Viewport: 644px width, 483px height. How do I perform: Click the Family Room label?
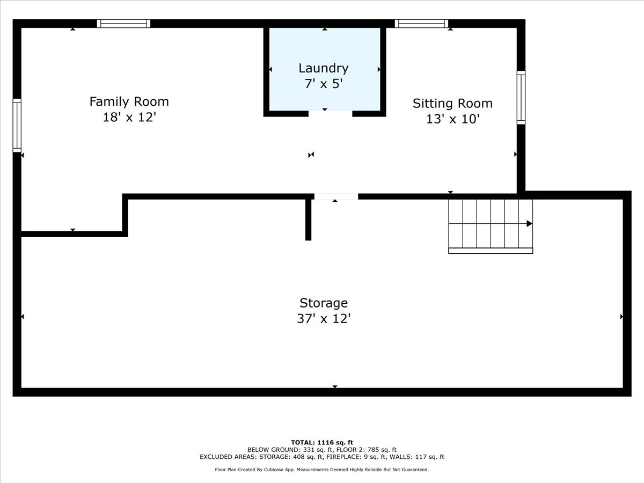coord(129,101)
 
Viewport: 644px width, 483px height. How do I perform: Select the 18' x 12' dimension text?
coord(129,118)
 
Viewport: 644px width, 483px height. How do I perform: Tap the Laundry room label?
coord(324,68)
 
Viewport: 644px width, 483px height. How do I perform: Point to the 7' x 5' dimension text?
coord(324,84)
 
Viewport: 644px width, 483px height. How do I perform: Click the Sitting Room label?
coord(452,103)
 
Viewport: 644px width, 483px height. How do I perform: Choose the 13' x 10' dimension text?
coord(452,119)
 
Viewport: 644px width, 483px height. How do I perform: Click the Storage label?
coord(324,303)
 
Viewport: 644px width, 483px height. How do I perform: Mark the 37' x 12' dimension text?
coord(324,319)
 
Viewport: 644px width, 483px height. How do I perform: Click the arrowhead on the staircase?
coord(529,224)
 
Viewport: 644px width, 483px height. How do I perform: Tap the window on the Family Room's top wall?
coord(123,24)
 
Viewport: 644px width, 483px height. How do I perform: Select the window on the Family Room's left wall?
coord(17,126)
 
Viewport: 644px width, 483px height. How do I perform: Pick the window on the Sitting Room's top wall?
coord(421,24)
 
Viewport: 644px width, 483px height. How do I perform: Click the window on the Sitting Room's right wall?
coord(521,98)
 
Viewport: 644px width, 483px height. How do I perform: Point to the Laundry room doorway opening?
coord(330,113)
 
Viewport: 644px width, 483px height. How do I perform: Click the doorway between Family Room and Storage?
coord(336,196)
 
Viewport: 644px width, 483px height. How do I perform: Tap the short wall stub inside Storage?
coord(308,219)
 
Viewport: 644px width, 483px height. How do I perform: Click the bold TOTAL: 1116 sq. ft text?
coord(322,442)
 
